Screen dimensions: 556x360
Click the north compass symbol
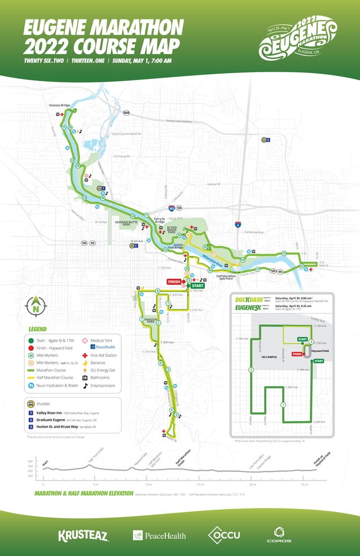click(x=34, y=306)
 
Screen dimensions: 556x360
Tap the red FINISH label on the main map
click(x=173, y=281)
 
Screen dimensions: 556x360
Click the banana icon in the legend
click(x=86, y=363)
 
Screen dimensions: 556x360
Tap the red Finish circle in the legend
click(x=32, y=348)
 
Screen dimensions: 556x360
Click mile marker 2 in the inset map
click(x=250, y=370)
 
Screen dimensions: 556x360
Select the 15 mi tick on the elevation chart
click(x=200, y=484)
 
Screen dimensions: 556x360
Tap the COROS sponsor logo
click(x=279, y=534)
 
